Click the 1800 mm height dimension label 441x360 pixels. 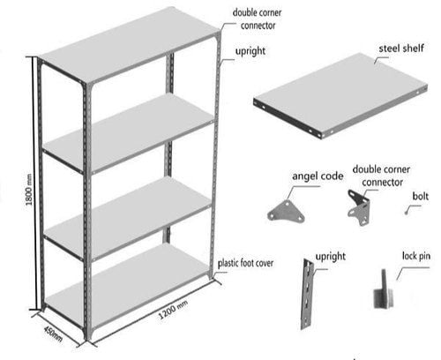[x=29, y=190]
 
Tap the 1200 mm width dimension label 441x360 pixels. [x=174, y=311]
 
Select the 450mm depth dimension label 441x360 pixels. [x=53, y=334]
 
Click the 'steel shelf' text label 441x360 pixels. [x=401, y=49]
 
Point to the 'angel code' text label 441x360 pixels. [x=318, y=176]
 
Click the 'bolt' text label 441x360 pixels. [x=420, y=196]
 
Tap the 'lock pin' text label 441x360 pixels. [x=416, y=256]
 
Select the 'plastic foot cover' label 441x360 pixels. [x=245, y=263]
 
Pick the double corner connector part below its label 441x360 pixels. [x=359, y=207]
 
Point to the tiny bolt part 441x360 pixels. [x=406, y=213]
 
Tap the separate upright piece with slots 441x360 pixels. [x=308, y=294]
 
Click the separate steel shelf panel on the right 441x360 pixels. [x=340, y=95]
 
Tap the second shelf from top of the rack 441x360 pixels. [x=129, y=133]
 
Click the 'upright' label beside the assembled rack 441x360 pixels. [x=250, y=51]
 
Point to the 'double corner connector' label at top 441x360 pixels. [x=257, y=19]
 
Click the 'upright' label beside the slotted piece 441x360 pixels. [x=331, y=257]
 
